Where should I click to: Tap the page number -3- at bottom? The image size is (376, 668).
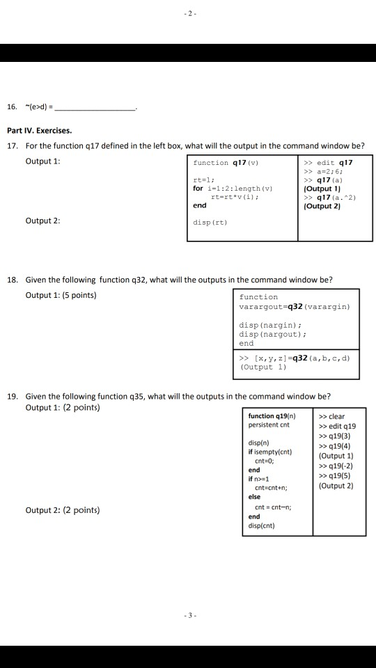point(188,615)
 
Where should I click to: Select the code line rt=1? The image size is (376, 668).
point(203,179)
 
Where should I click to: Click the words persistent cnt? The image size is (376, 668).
point(269,424)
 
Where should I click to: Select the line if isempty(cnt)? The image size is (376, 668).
point(270,452)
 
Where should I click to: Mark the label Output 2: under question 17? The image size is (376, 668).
point(42,221)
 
